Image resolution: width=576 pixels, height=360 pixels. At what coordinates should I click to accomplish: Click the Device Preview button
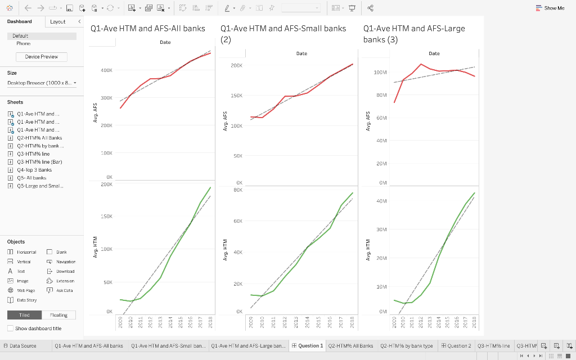41,57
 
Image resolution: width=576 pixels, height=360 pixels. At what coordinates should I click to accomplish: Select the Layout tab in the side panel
57,22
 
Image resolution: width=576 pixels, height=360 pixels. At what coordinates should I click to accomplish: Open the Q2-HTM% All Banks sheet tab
350,346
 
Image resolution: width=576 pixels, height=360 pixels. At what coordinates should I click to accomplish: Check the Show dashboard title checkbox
10,328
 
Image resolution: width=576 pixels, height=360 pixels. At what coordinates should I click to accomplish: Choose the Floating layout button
58,315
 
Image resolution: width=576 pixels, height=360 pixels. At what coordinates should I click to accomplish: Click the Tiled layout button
24,315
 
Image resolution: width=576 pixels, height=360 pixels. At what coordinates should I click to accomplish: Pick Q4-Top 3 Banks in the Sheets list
34,169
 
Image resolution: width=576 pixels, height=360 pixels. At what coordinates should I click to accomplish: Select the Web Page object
26,290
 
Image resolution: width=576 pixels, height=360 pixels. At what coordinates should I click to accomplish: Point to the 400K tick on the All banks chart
106,70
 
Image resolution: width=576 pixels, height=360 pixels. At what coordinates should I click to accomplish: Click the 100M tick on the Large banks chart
380,73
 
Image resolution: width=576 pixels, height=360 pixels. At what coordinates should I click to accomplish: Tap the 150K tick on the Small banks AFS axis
236,96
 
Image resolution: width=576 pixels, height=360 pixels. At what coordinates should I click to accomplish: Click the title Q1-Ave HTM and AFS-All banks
147,28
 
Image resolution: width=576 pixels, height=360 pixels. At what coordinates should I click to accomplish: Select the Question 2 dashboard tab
456,346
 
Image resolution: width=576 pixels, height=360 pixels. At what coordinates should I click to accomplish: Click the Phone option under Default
24,43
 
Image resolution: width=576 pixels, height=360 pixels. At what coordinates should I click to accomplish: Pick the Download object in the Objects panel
65,271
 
